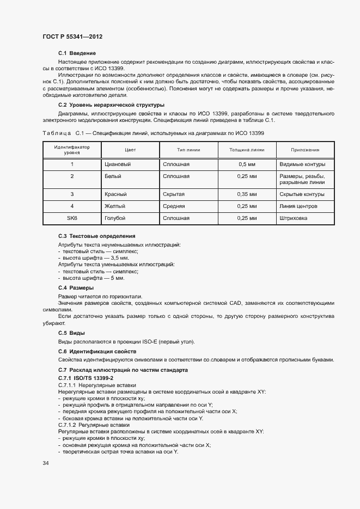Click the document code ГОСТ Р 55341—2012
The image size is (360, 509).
pos(72,36)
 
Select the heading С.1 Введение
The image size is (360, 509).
pos(77,53)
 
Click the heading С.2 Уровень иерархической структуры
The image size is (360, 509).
pos(111,105)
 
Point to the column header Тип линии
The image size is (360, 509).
pos(188,150)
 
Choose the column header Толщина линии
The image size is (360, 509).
pos(247,150)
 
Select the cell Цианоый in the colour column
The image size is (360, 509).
pos(118,164)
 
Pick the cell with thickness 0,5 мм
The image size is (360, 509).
pos(247,164)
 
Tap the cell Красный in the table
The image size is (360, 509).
pos(115,194)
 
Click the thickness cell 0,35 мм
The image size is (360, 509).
pos(247,194)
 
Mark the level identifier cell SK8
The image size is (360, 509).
pos(72,218)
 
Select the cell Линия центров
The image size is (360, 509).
pos(298,206)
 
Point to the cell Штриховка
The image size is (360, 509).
pos(293,218)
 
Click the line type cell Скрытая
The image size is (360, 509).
pos(174,194)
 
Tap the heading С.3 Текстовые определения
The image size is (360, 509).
pos(97,236)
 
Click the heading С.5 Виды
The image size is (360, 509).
pos(71,333)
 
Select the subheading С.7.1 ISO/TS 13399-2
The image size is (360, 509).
pos(86,377)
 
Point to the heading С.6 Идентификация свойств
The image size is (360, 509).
pos(101,352)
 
